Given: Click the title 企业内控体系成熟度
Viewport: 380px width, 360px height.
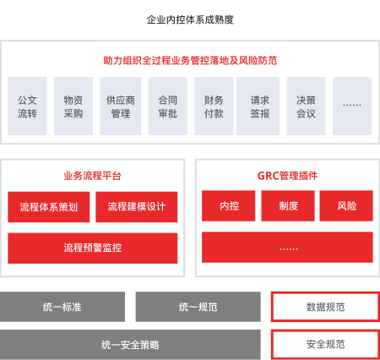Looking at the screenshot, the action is point(190,19).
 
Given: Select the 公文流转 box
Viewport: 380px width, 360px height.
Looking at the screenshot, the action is point(27,106).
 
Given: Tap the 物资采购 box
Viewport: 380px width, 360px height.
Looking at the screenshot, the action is point(73,106).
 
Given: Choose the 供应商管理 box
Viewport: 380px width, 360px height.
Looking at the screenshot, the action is point(121,106).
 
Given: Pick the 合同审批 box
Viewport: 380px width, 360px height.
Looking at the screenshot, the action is point(168,106).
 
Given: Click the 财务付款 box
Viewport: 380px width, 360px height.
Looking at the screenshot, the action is point(214,106).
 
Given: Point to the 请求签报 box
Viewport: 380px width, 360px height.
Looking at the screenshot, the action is point(258,106).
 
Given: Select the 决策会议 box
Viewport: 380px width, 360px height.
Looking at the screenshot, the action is point(306,106).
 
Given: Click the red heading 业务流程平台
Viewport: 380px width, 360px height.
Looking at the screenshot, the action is point(92,176).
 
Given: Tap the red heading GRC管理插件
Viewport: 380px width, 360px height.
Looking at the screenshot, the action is point(287,176).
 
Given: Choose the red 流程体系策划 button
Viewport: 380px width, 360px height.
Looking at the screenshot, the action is point(49,207).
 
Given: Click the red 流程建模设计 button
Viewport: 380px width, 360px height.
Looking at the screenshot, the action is point(137,207).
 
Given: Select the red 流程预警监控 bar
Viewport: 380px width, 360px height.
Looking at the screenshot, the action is point(93,248).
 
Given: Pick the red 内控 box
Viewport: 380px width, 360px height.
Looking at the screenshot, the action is point(229,205).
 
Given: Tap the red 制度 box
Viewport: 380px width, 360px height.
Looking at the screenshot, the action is point(288,205).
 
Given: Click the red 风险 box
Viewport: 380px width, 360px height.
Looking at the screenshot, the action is point(346,205).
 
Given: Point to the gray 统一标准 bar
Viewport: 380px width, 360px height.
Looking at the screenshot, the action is point(62,307).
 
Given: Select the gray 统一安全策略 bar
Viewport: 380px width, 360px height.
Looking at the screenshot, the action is point(130,345).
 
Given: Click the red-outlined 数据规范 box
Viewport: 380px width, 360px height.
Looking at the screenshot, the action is point(325,307).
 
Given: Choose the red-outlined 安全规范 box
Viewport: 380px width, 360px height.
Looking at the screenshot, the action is point(325,345).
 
